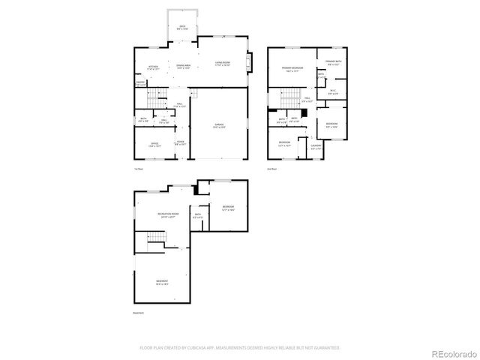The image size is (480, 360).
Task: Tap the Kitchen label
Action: pyautogui.click(x=153, y=67)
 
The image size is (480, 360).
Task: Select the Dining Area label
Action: pyautogui.click(x=184, y=67)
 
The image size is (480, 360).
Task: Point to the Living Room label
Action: pyautogui.click(x=222, y=63)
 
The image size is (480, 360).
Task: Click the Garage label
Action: pyautogui.click(x=219, y=125)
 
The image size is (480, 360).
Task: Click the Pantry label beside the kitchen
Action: pyautogui.click(x=140, y=83)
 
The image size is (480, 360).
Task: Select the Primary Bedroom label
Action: pyautogui.click(x=291, y=69)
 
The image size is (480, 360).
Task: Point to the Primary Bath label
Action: pyautogui.click(x=333, y=62)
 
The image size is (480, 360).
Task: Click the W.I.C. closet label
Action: pyautogui.click(x=333, y=92)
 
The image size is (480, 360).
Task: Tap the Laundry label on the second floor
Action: pyautogui.click(x=316, y=148)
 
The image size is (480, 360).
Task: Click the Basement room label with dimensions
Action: pyautogui.click(x=162, y=283)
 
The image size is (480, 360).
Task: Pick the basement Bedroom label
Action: pyautogui.click(x=227, y=208)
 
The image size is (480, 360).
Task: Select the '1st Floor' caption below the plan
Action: pyautogui.click(x=139, y=171)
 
